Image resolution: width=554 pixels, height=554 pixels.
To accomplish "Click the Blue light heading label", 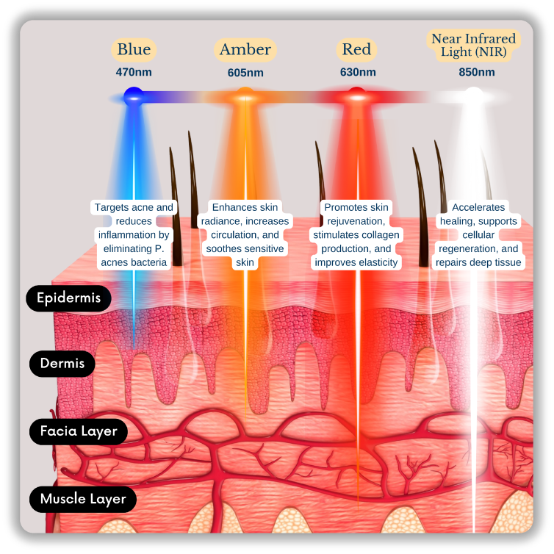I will [133, 50].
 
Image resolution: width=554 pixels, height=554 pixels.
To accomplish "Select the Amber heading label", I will [245, 50].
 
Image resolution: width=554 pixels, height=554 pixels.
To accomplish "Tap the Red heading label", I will [357, 50].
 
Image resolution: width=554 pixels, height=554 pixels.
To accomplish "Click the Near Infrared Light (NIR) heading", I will [472, 45].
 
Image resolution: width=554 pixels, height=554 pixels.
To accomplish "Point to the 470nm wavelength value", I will [133, 72].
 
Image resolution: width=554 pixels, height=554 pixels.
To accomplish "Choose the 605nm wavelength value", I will [245, 73].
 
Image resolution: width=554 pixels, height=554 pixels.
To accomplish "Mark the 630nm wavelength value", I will [358, 72].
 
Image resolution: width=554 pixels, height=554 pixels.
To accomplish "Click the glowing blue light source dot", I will [133, 95].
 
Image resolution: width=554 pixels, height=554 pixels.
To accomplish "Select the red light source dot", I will [356, 95].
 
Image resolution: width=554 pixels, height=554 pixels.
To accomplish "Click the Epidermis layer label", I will [68, 298].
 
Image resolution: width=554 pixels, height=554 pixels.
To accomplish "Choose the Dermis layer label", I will [62, 363].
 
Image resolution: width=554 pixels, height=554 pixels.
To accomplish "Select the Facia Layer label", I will [78, 431].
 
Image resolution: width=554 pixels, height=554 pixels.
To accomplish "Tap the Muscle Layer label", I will [83, 499].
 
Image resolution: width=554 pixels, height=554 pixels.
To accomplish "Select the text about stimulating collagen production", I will [356, 235].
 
